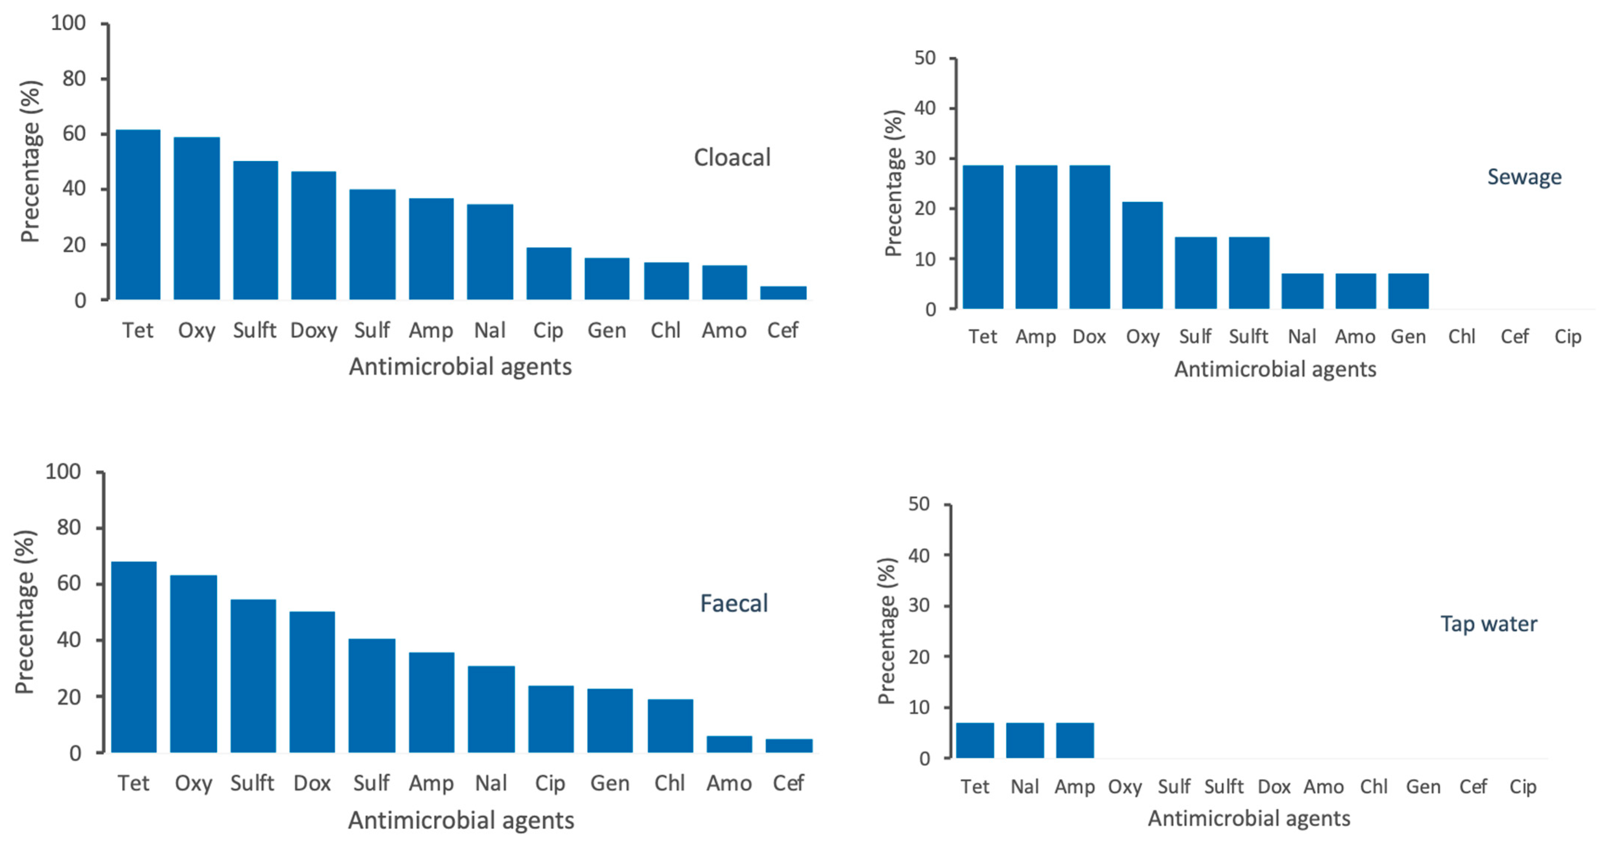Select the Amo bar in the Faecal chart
click(729, 744)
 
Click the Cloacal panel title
click(732, 158)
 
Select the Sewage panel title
click(1524, 177)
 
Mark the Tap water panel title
click(1488, 624)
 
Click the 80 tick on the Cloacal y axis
click(74, 79)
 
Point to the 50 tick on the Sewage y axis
click(925, 58)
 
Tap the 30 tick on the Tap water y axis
click(919, 606)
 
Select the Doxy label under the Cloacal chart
click(314, 330)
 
